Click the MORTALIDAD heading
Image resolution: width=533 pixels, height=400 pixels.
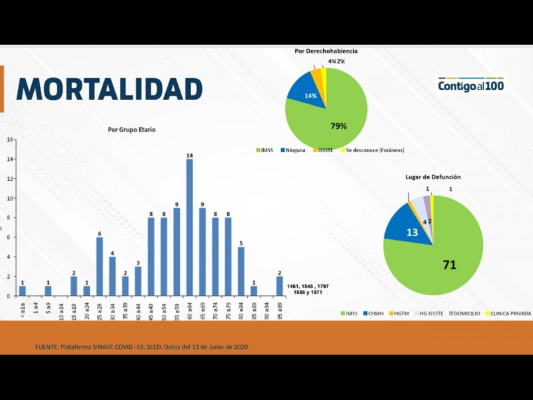pos(109,89)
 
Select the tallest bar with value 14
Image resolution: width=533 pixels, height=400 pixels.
pos(190,227)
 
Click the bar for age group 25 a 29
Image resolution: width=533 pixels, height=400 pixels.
pos(99,266)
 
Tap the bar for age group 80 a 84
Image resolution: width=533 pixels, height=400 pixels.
pos(241,271)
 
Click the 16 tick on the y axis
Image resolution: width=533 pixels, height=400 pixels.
pos(10,139)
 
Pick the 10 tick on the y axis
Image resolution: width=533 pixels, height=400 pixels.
pos(10,198)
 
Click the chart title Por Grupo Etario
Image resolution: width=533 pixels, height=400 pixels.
pos(132,129)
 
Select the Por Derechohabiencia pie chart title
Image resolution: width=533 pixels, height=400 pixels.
pos(326,51)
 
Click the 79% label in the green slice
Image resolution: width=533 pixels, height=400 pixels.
pos(338,125)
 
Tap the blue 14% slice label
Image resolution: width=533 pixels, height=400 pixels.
pos(310,96)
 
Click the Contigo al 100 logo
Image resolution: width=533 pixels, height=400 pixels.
pos(471,85)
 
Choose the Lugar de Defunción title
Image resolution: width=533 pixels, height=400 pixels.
pos(433,177)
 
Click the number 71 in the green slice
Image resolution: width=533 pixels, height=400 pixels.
pos(450,265)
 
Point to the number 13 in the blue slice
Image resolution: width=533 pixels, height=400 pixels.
pos(412,232)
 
